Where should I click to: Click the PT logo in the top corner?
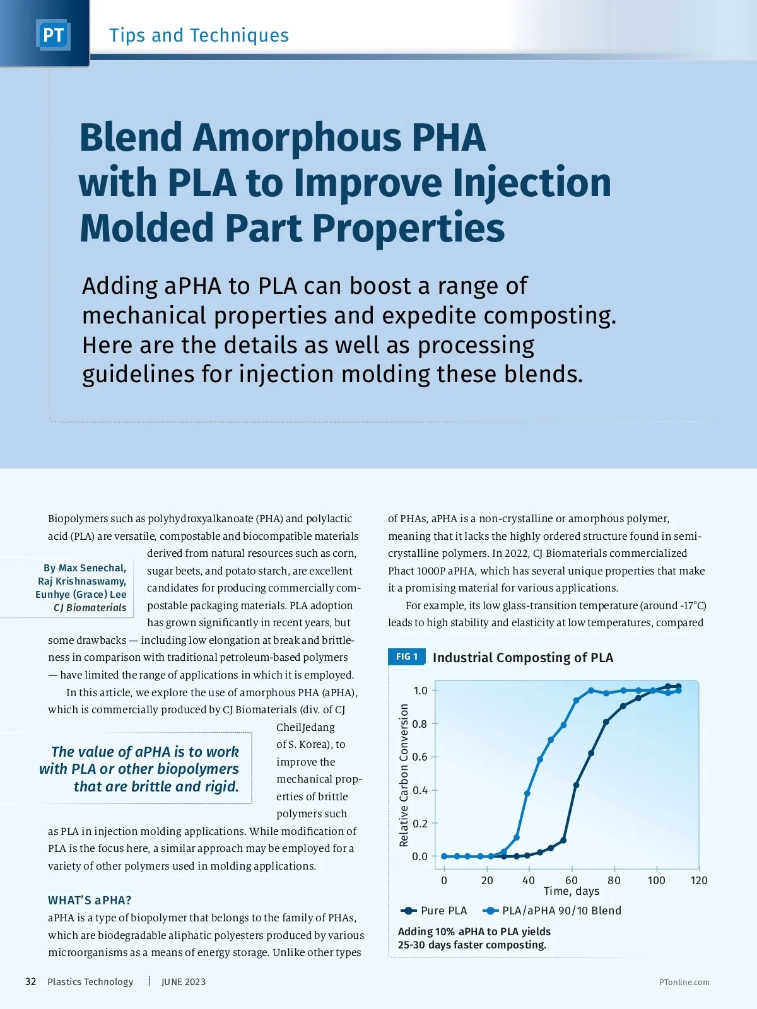53,35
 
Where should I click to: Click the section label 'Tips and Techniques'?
199,35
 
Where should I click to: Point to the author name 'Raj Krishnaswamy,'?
82,581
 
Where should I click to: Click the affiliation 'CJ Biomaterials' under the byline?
90,607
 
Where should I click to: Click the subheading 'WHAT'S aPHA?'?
90,900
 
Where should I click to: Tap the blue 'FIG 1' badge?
407,656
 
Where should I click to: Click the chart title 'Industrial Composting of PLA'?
523,657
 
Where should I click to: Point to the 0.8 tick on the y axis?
420,724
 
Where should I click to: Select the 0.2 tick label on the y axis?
420,824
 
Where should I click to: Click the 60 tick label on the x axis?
571,880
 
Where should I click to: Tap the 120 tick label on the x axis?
699,880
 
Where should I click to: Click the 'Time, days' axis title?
572,891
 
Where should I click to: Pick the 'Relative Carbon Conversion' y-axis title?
404,775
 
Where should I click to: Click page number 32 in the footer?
30,982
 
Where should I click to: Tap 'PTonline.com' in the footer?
684,982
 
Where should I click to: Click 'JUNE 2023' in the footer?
184,982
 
